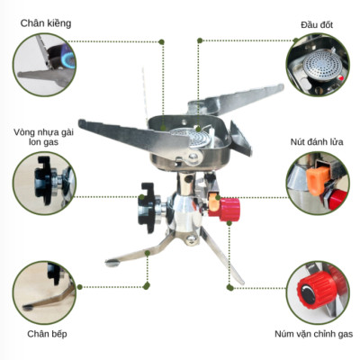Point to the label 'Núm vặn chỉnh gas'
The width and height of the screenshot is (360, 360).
click(x=314, y=333)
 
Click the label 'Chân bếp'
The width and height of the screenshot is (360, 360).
click(x=44, y=333)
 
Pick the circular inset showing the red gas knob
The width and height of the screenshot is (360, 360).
click(x=317, y=289)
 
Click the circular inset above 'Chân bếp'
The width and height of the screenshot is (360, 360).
click(x=44, y=292)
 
